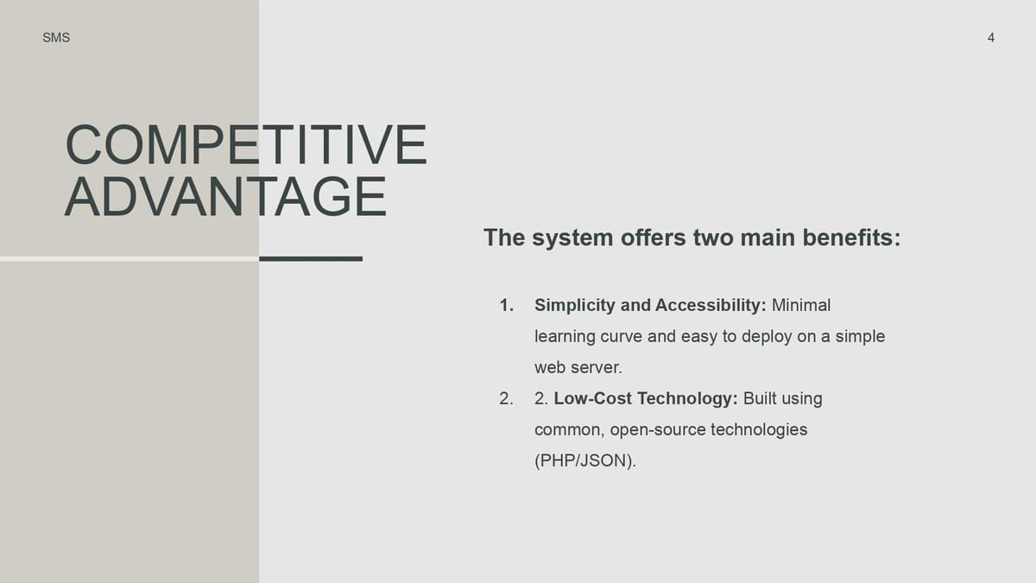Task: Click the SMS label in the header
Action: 56,37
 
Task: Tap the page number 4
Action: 991,37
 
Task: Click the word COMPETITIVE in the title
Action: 246,144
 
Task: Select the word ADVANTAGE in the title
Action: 225,197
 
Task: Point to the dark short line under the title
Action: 311,259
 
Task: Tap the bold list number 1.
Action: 507,306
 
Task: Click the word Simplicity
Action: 574,307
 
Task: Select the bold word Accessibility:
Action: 711,307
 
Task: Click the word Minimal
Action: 801,306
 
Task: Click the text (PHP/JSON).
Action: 585,461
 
